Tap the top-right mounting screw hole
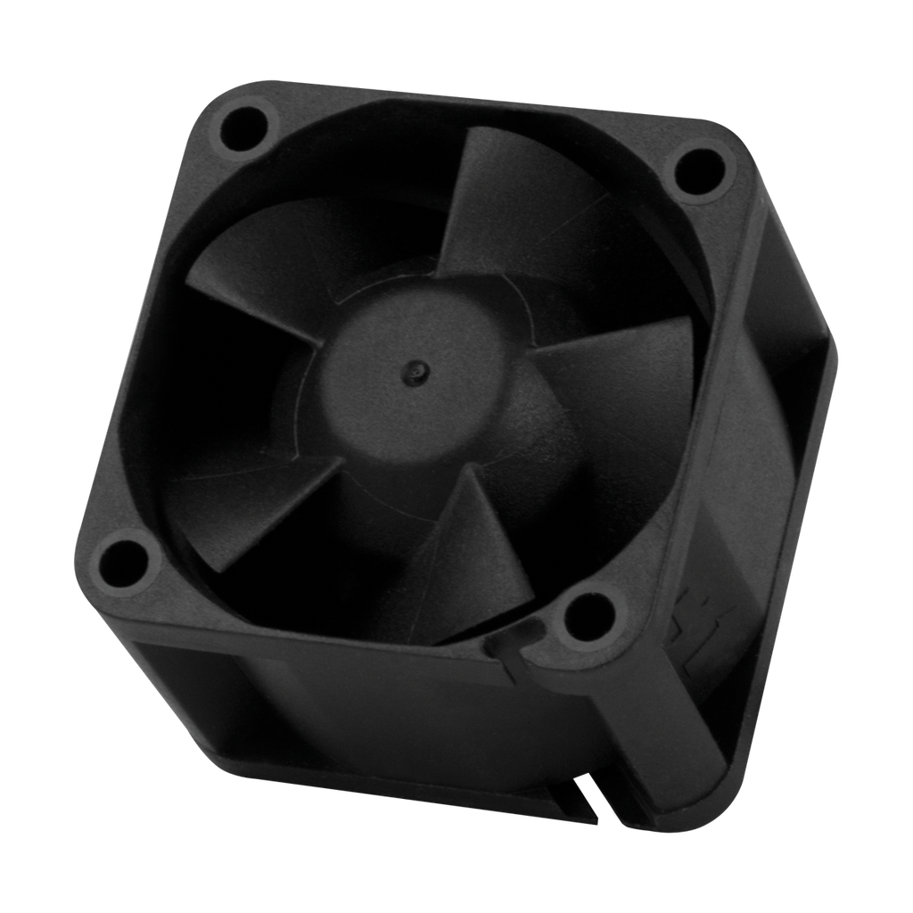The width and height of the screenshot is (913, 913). coord(698,169)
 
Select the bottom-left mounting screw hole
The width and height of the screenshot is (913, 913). coord(121,558)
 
